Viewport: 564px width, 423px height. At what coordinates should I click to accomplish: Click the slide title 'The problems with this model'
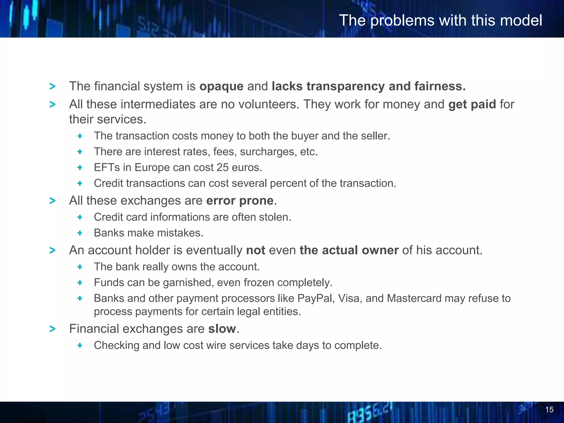coord(440,20)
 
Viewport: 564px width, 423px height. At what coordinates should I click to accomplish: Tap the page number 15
coord(549,410)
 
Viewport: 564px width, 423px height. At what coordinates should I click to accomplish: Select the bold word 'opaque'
coord(221,86)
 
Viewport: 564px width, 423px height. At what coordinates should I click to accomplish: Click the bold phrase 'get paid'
coord(472,104)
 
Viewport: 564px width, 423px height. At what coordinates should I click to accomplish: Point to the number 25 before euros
coord(222,167)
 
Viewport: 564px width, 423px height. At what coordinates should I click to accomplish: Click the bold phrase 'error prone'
coord(240,200)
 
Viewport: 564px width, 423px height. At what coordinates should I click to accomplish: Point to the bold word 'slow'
coord(222,329)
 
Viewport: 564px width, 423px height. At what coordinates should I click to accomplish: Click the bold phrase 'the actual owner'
coord(349,250)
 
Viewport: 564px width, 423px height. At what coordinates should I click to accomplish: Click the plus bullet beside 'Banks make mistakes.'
coord(80,233)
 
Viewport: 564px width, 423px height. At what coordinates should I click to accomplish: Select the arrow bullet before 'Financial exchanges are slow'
coord(52,329)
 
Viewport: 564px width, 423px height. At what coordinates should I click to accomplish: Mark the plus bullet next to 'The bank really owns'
coord(80,267)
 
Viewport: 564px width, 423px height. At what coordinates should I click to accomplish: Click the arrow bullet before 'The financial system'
coord(52,86)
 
